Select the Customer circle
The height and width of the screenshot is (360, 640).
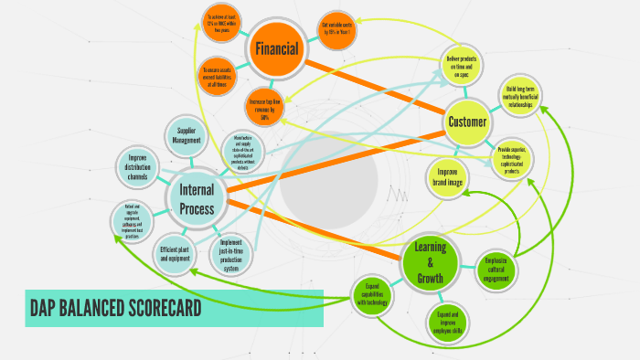467,122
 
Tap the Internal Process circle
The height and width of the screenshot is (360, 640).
197,199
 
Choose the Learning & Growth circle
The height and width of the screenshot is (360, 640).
429,262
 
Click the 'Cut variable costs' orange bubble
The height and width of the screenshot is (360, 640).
336,29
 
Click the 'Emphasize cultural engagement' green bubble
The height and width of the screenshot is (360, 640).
496,267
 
